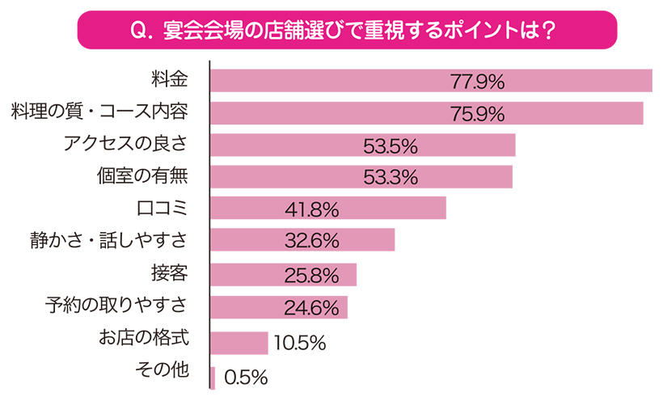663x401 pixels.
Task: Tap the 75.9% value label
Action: [477, 113]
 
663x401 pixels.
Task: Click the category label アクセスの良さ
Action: [126, 144]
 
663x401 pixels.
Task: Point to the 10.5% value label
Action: [299, 344]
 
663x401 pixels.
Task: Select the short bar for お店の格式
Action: [239, 342]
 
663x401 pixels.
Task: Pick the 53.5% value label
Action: [391, 146]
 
